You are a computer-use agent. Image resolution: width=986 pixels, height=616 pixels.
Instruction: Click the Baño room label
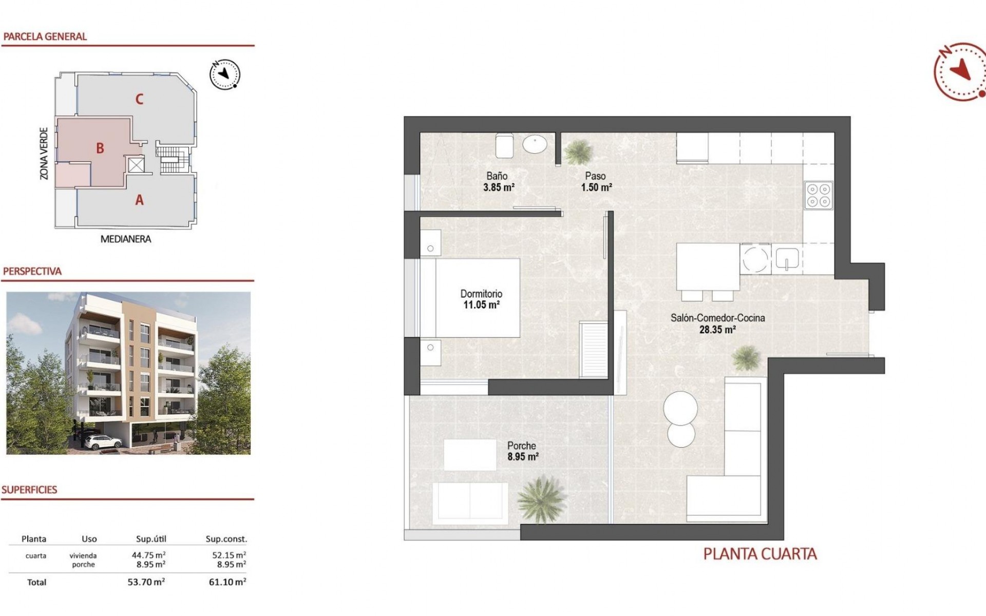tap(497, 176)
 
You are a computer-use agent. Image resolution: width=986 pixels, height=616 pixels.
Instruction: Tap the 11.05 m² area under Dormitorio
tap(481, 305)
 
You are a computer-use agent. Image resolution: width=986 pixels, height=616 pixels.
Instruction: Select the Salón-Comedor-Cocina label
tap(717, 318)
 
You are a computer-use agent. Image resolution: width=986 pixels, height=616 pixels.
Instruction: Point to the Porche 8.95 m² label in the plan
tap(522, 451)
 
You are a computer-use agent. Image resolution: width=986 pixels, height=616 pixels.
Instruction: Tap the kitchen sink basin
tap(786, 259)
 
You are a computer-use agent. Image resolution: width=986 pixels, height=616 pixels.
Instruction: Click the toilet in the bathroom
tap(504, 146)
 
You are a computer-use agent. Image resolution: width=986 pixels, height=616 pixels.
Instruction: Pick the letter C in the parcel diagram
tap(139, 99)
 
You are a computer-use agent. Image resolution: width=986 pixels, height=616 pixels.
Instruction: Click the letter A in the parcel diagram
tap(139, 200)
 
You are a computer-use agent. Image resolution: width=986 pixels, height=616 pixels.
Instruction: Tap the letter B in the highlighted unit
tap(100, 148)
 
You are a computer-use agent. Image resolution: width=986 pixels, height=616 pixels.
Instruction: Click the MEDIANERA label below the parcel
tap(126, 239)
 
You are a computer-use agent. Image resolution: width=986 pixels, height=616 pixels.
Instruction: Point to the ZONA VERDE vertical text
tap(44, 153)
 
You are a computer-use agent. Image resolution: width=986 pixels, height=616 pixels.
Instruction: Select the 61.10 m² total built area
tap(227, 582)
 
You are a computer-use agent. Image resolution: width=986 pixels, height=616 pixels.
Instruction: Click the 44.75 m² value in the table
tap(149, 555)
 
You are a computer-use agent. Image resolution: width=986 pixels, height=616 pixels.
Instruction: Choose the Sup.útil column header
tap(151, 539)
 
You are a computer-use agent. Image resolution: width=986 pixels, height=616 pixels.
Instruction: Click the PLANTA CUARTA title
tap(760, 554)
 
